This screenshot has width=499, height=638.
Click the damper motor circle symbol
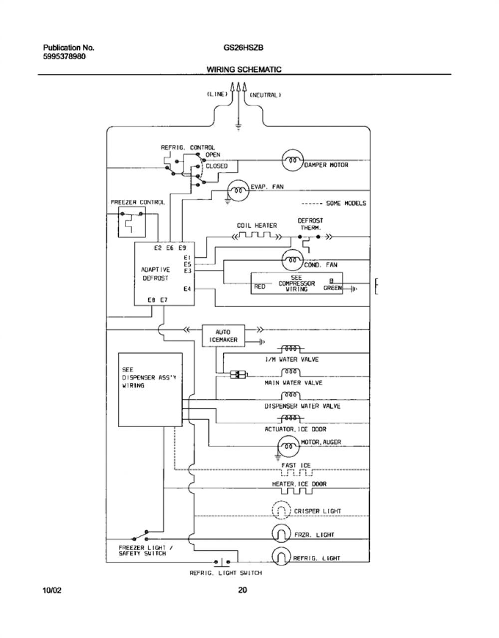click(x=292, y=160)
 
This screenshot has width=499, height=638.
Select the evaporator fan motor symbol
click(x=239, y=190)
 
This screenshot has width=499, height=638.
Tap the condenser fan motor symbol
click(x=292, y=260)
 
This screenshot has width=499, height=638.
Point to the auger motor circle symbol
click(x=288, y=446)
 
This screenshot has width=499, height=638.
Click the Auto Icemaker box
click(x=223, y=335)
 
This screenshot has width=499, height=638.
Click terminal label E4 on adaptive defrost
click(x=187, y=289)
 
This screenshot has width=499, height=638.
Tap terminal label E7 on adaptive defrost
click(x=164, y=300)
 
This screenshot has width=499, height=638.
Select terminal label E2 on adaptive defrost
click(x=158, y=248)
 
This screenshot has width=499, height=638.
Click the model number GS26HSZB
click(x=244, y=47)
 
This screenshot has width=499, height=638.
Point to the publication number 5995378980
click(x=65, y=56)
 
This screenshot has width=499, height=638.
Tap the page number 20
click(x=243, y=590)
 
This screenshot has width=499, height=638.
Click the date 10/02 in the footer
click(x=52, y=590)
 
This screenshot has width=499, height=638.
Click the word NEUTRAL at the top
click(x=265, y=95)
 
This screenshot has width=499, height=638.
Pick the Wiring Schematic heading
click(x=244, y=69)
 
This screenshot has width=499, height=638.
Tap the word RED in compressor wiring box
click(x=259, y=286)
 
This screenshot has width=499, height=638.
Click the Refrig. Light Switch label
click(x=226, y=573)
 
